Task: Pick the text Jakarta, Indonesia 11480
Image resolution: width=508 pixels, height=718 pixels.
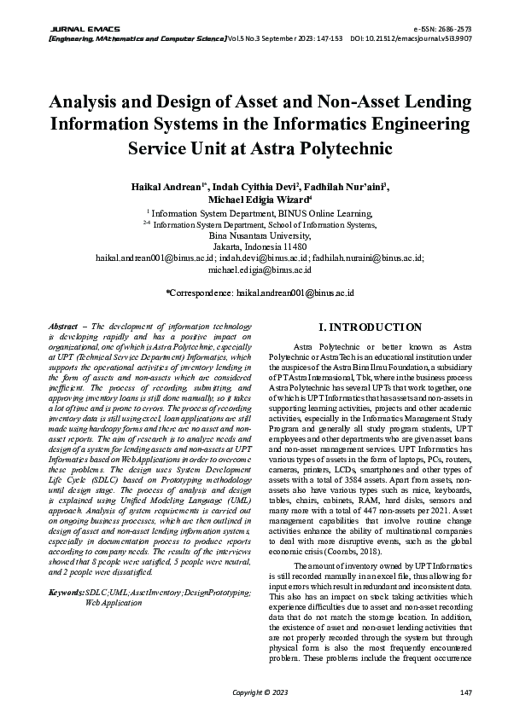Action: [x=253, y=246]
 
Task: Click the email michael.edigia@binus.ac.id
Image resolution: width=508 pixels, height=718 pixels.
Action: [x=253, y=269]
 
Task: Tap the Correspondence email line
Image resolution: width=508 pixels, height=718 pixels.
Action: [x=253, y=292]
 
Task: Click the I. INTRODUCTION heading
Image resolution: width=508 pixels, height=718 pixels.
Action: [x=369, y=327]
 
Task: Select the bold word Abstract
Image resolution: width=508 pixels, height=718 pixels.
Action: [x=63, y=327]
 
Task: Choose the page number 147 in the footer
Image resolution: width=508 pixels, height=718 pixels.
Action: [x=465, y=692]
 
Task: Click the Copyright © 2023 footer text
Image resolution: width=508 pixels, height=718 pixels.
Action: [x=254, y=692]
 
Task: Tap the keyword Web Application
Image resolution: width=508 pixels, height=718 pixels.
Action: [x=114, y=602]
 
